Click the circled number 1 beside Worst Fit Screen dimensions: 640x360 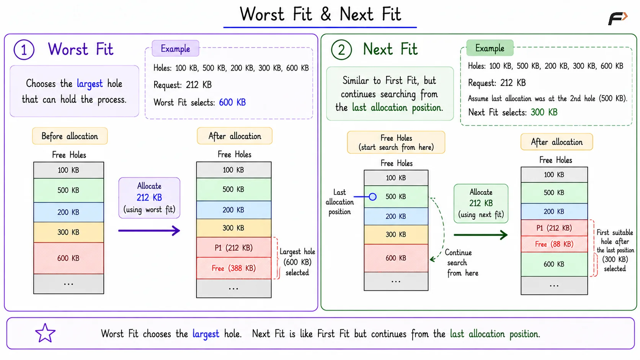click(24, 50)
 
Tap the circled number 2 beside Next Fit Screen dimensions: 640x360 click(341, 50)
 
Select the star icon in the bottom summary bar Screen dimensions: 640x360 click(45, 333)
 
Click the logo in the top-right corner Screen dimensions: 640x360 click(618, 19)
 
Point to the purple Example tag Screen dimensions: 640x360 click(175, 48)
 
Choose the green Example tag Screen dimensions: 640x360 click(490, 48)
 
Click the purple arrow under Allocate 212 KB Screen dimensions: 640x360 click(149, 230)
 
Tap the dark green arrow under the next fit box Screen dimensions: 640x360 click(480, 235)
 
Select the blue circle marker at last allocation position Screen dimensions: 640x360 click(372, 197)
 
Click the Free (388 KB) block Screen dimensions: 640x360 click(234, 268)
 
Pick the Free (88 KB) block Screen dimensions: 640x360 click(554, 244)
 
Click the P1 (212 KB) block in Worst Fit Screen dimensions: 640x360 click(234, 248)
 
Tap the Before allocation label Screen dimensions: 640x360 click(70, 136)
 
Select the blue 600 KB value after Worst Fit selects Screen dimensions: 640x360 click(232, 102)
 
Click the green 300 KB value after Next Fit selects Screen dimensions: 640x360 click(544, 112)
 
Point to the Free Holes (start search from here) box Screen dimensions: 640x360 click(396, 142)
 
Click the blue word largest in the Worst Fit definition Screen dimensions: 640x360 click(90, 84)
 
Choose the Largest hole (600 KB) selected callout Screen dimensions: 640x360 click(297, 262)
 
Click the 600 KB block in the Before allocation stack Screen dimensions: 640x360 click(69, 258)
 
